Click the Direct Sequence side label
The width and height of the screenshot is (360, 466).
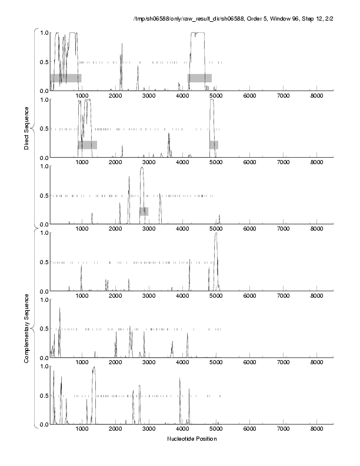27,126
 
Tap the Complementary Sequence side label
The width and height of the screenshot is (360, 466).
27,325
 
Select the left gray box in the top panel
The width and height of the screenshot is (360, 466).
65,78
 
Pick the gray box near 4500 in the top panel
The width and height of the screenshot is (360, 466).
199,78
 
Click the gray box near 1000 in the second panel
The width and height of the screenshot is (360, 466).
87,145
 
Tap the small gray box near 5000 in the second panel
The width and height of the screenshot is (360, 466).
214,145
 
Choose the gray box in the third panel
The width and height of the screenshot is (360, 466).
144,211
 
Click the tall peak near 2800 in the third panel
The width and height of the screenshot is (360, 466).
142,168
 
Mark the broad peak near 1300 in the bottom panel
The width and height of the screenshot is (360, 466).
94,368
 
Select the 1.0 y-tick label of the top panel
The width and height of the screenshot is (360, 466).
43,32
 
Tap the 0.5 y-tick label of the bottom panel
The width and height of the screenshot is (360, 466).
43,395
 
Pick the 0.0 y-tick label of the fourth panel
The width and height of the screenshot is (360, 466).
43,291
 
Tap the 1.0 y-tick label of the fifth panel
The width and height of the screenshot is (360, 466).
43,299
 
